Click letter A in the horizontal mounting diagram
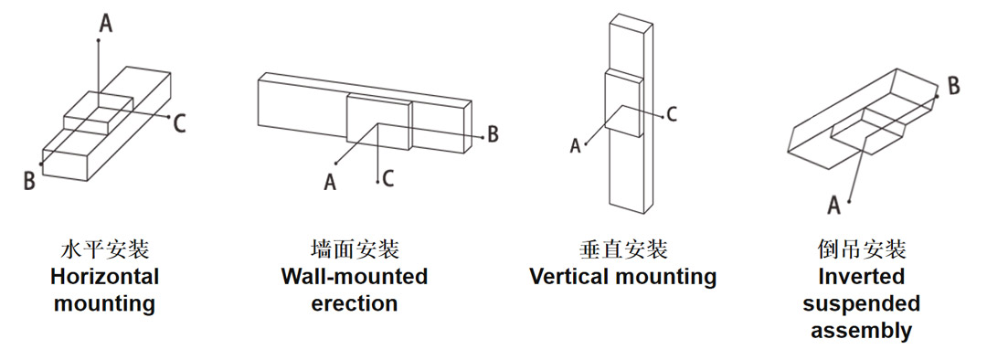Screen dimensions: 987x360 (x=106, y=24)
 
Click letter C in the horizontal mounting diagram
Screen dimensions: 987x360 (x=179, y=124)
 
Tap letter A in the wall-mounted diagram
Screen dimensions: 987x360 (x=330, y=183)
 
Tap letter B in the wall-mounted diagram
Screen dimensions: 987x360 (x=493, y=134)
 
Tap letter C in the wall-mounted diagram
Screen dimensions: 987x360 (x=387, y=179)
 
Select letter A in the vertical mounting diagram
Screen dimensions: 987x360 (x=575, y=146)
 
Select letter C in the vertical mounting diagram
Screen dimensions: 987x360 (x=672, y=114)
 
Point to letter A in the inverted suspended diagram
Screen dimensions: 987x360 (x=834, y=205)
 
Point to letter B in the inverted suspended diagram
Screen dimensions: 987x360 (x=953, y=86)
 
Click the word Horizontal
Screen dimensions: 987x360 (x=104, y=276)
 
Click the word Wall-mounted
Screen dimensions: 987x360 (x=355, y=276)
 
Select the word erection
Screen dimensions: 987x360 (x=355, y=303)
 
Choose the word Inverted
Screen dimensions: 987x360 (x=861, y=276)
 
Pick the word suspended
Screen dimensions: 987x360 (x=861, y=304)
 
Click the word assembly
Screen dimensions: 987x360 (x=861, y=331)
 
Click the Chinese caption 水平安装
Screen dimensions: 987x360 (x=104, y=249)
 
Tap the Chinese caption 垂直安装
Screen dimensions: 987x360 (x=623, y=249)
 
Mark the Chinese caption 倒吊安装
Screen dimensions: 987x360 (x=861, y=249)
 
